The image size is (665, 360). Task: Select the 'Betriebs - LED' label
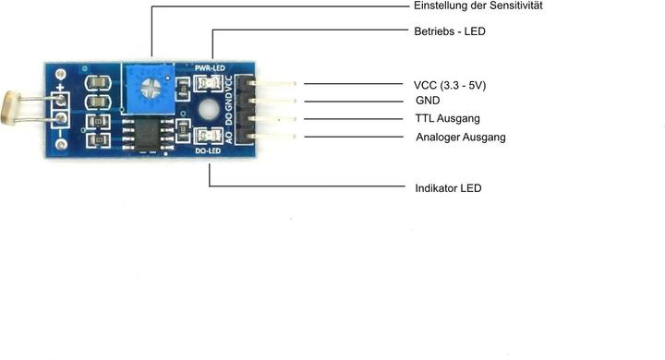pos(450,31)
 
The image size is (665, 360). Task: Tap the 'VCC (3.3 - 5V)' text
pos(450,85)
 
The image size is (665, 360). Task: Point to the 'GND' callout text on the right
pos(428,101)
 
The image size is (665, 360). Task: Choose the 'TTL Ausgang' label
pos(448,119)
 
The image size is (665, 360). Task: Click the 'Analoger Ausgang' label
pos(461,138)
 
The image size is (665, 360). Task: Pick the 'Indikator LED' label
pos(449,188)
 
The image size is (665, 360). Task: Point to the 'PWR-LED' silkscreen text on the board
pos(209,68)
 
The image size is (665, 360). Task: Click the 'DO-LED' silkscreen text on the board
pos(208,150)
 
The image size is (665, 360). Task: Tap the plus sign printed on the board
pos(61,90)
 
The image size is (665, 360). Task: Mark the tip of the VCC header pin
pos(294,84)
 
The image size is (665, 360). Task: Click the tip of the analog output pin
pos(294,138)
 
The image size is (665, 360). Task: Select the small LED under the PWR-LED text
pos(208,84)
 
